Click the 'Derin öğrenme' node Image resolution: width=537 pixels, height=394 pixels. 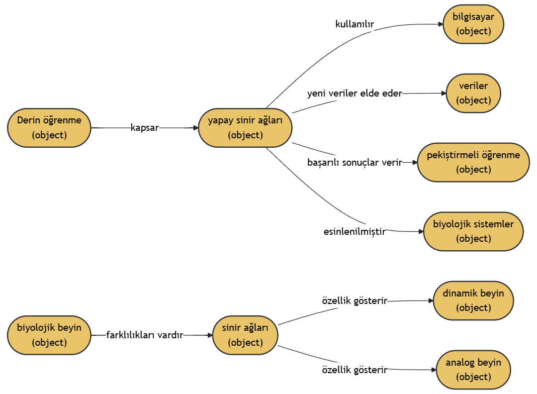coord(49,128)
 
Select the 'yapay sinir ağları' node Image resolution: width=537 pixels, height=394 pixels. coord(245,128)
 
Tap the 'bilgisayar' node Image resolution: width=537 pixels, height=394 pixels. coord(473,24)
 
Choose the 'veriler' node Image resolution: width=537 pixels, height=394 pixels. coord(473,93)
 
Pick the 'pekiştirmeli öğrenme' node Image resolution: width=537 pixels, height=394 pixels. coord(473,162)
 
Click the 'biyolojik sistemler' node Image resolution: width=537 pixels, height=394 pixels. coord(473,231)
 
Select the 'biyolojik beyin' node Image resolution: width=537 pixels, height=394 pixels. coord(49,335)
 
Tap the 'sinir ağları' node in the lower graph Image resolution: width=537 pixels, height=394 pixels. coord(245,335)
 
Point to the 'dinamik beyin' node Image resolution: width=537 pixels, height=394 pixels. coord(473,300)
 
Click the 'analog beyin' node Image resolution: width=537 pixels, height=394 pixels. coord(473,370)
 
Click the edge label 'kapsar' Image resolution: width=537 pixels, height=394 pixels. coord(145,128)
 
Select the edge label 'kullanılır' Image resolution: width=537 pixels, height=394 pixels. coord(355,24)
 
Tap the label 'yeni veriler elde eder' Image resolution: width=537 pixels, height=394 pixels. coord(355,93)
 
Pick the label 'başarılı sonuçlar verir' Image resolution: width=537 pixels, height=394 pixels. coord(355,163)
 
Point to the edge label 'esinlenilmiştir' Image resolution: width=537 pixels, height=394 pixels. coord(355,231)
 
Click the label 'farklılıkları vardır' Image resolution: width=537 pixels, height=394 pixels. coord(145,335)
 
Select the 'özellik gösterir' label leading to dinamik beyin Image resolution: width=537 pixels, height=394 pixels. coord(355,301)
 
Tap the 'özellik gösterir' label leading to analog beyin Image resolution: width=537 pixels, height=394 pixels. coord(355,370)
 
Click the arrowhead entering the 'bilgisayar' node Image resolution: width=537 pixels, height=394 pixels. coord(440,24)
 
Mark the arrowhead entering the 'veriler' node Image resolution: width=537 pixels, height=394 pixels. coord(444,93)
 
